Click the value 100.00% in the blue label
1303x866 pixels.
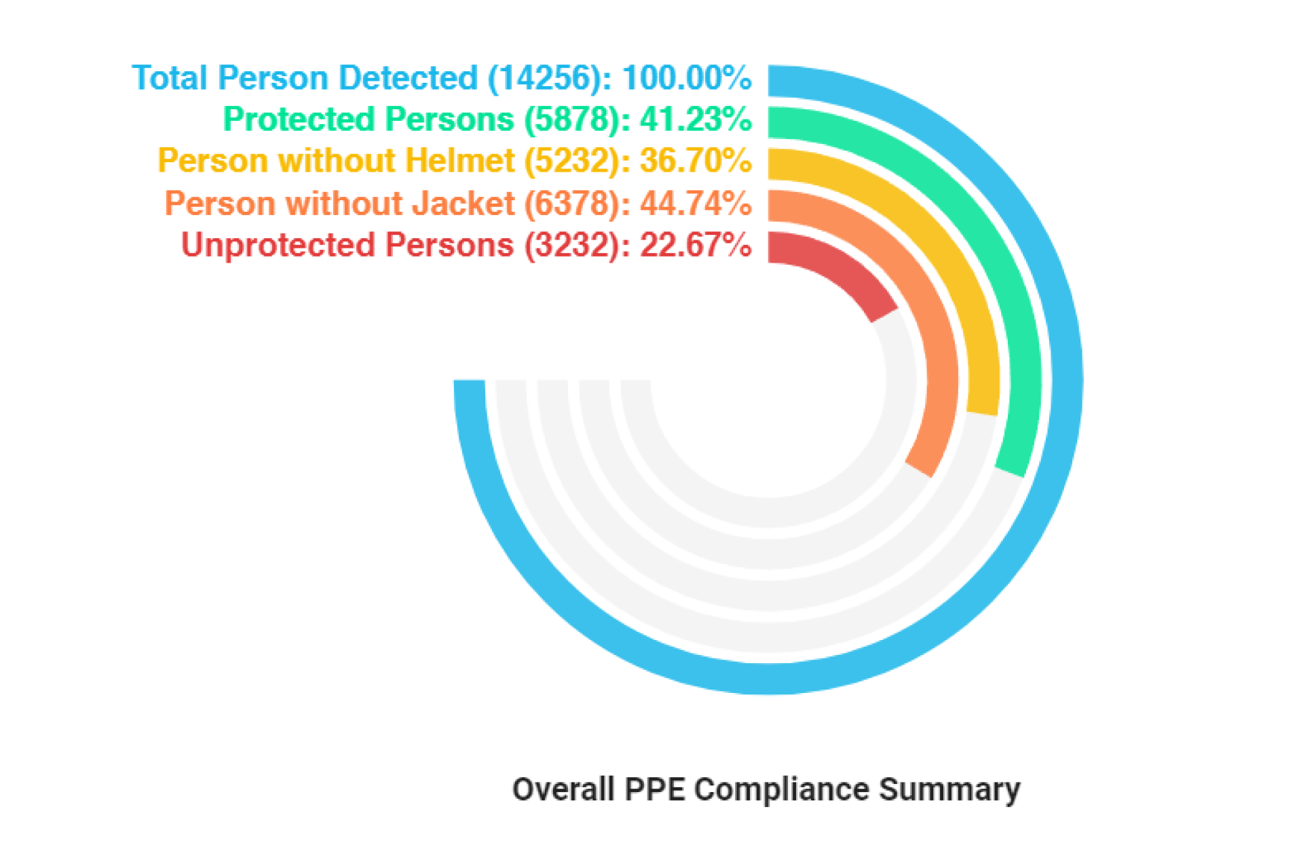686,78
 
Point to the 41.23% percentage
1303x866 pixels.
695,119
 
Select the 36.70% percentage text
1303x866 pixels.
695,162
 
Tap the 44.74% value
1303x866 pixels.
695,203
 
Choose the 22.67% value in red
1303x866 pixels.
695,245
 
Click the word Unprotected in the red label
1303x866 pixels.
278,245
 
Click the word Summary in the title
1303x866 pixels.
949,790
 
